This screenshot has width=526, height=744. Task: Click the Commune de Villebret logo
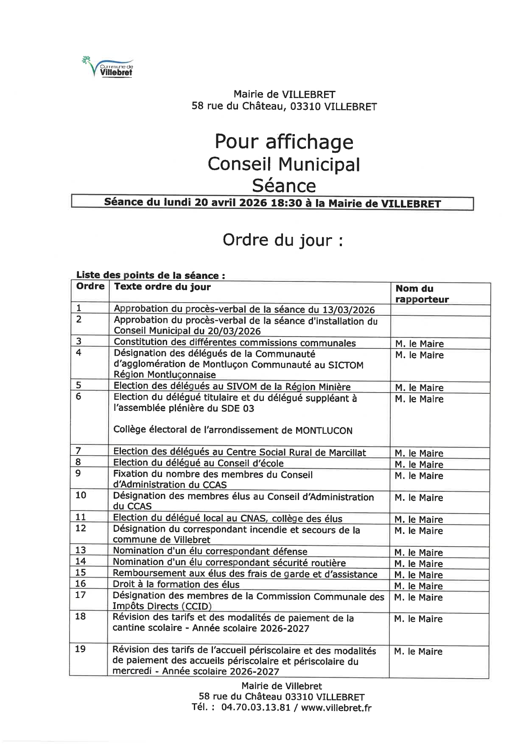coord(108,67)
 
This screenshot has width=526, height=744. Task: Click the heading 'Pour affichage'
coord(284,142)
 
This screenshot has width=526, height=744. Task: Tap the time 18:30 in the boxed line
coord(286,203)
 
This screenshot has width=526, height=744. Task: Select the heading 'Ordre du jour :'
coord(283,240)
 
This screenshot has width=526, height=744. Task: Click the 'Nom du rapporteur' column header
coord(422,294)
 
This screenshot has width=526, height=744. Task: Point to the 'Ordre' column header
coord(90,286)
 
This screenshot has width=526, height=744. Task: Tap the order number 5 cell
coord(78,385)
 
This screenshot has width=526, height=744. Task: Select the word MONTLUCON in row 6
coord(324,431)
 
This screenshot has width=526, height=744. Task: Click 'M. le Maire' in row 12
coord(419,531)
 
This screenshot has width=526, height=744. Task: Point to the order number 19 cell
coord(80,649)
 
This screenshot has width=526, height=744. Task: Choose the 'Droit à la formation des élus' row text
coord(176,584)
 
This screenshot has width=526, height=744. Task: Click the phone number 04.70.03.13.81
coord(256,708)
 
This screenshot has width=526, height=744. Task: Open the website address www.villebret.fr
coord(336,708)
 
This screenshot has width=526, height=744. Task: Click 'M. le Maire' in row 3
coord(420,344)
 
